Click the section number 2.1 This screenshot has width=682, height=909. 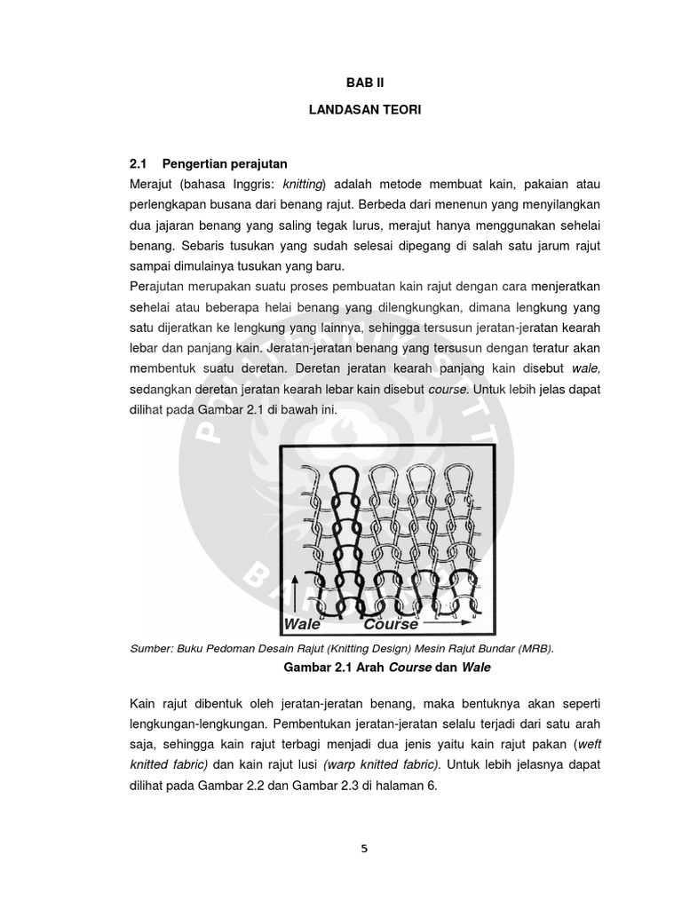139,164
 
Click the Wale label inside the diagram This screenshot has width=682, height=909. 303,624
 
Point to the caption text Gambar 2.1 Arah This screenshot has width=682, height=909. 329,666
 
